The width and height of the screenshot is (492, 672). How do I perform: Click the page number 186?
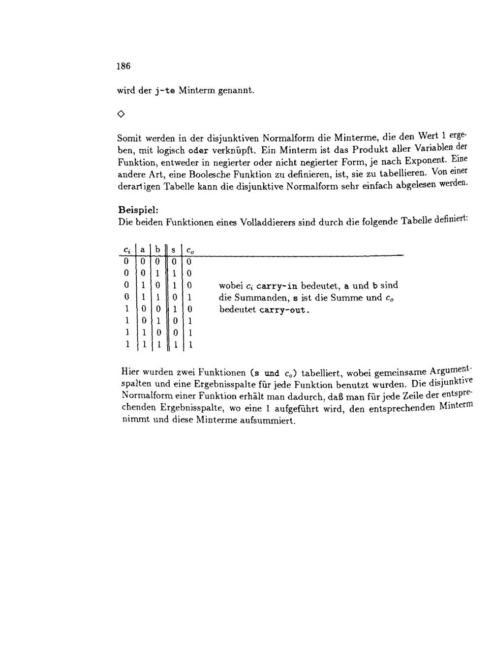pyautogui.click(x=123, y=66)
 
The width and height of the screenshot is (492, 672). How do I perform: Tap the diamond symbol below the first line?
pyautogui.click(x=121, y=114)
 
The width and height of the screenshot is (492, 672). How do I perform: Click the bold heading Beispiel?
pyautogui.click(x=138, y=209)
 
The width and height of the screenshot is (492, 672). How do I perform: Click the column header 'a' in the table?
pyautogui.click(x=142, y=250)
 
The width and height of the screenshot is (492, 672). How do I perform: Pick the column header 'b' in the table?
pyautogui.click(x=157, y=250)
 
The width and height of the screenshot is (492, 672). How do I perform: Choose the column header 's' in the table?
pyautogui.click(x=173, y=250)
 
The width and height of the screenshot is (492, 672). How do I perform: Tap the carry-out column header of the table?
pyautogui.click(x=190, y=251)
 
